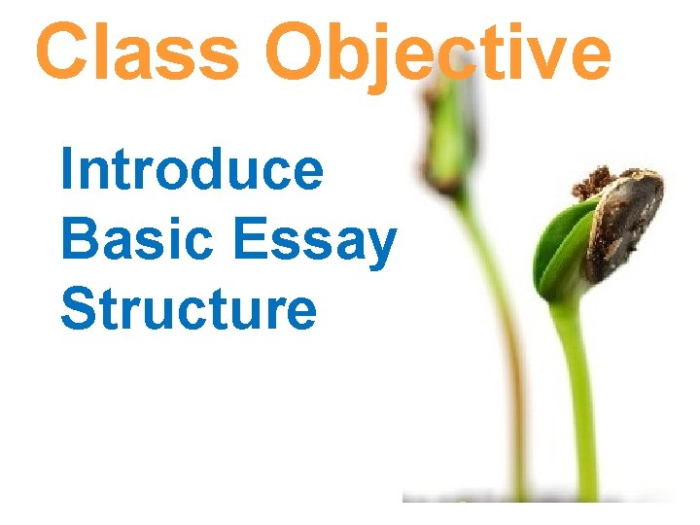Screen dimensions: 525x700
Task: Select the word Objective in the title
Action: pyautogui.click(x=437, y=53)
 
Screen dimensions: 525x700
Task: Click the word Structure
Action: pyautogui.click(x=188, y=309)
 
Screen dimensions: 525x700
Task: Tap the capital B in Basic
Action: pyautogui.click(x=79, y=239)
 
